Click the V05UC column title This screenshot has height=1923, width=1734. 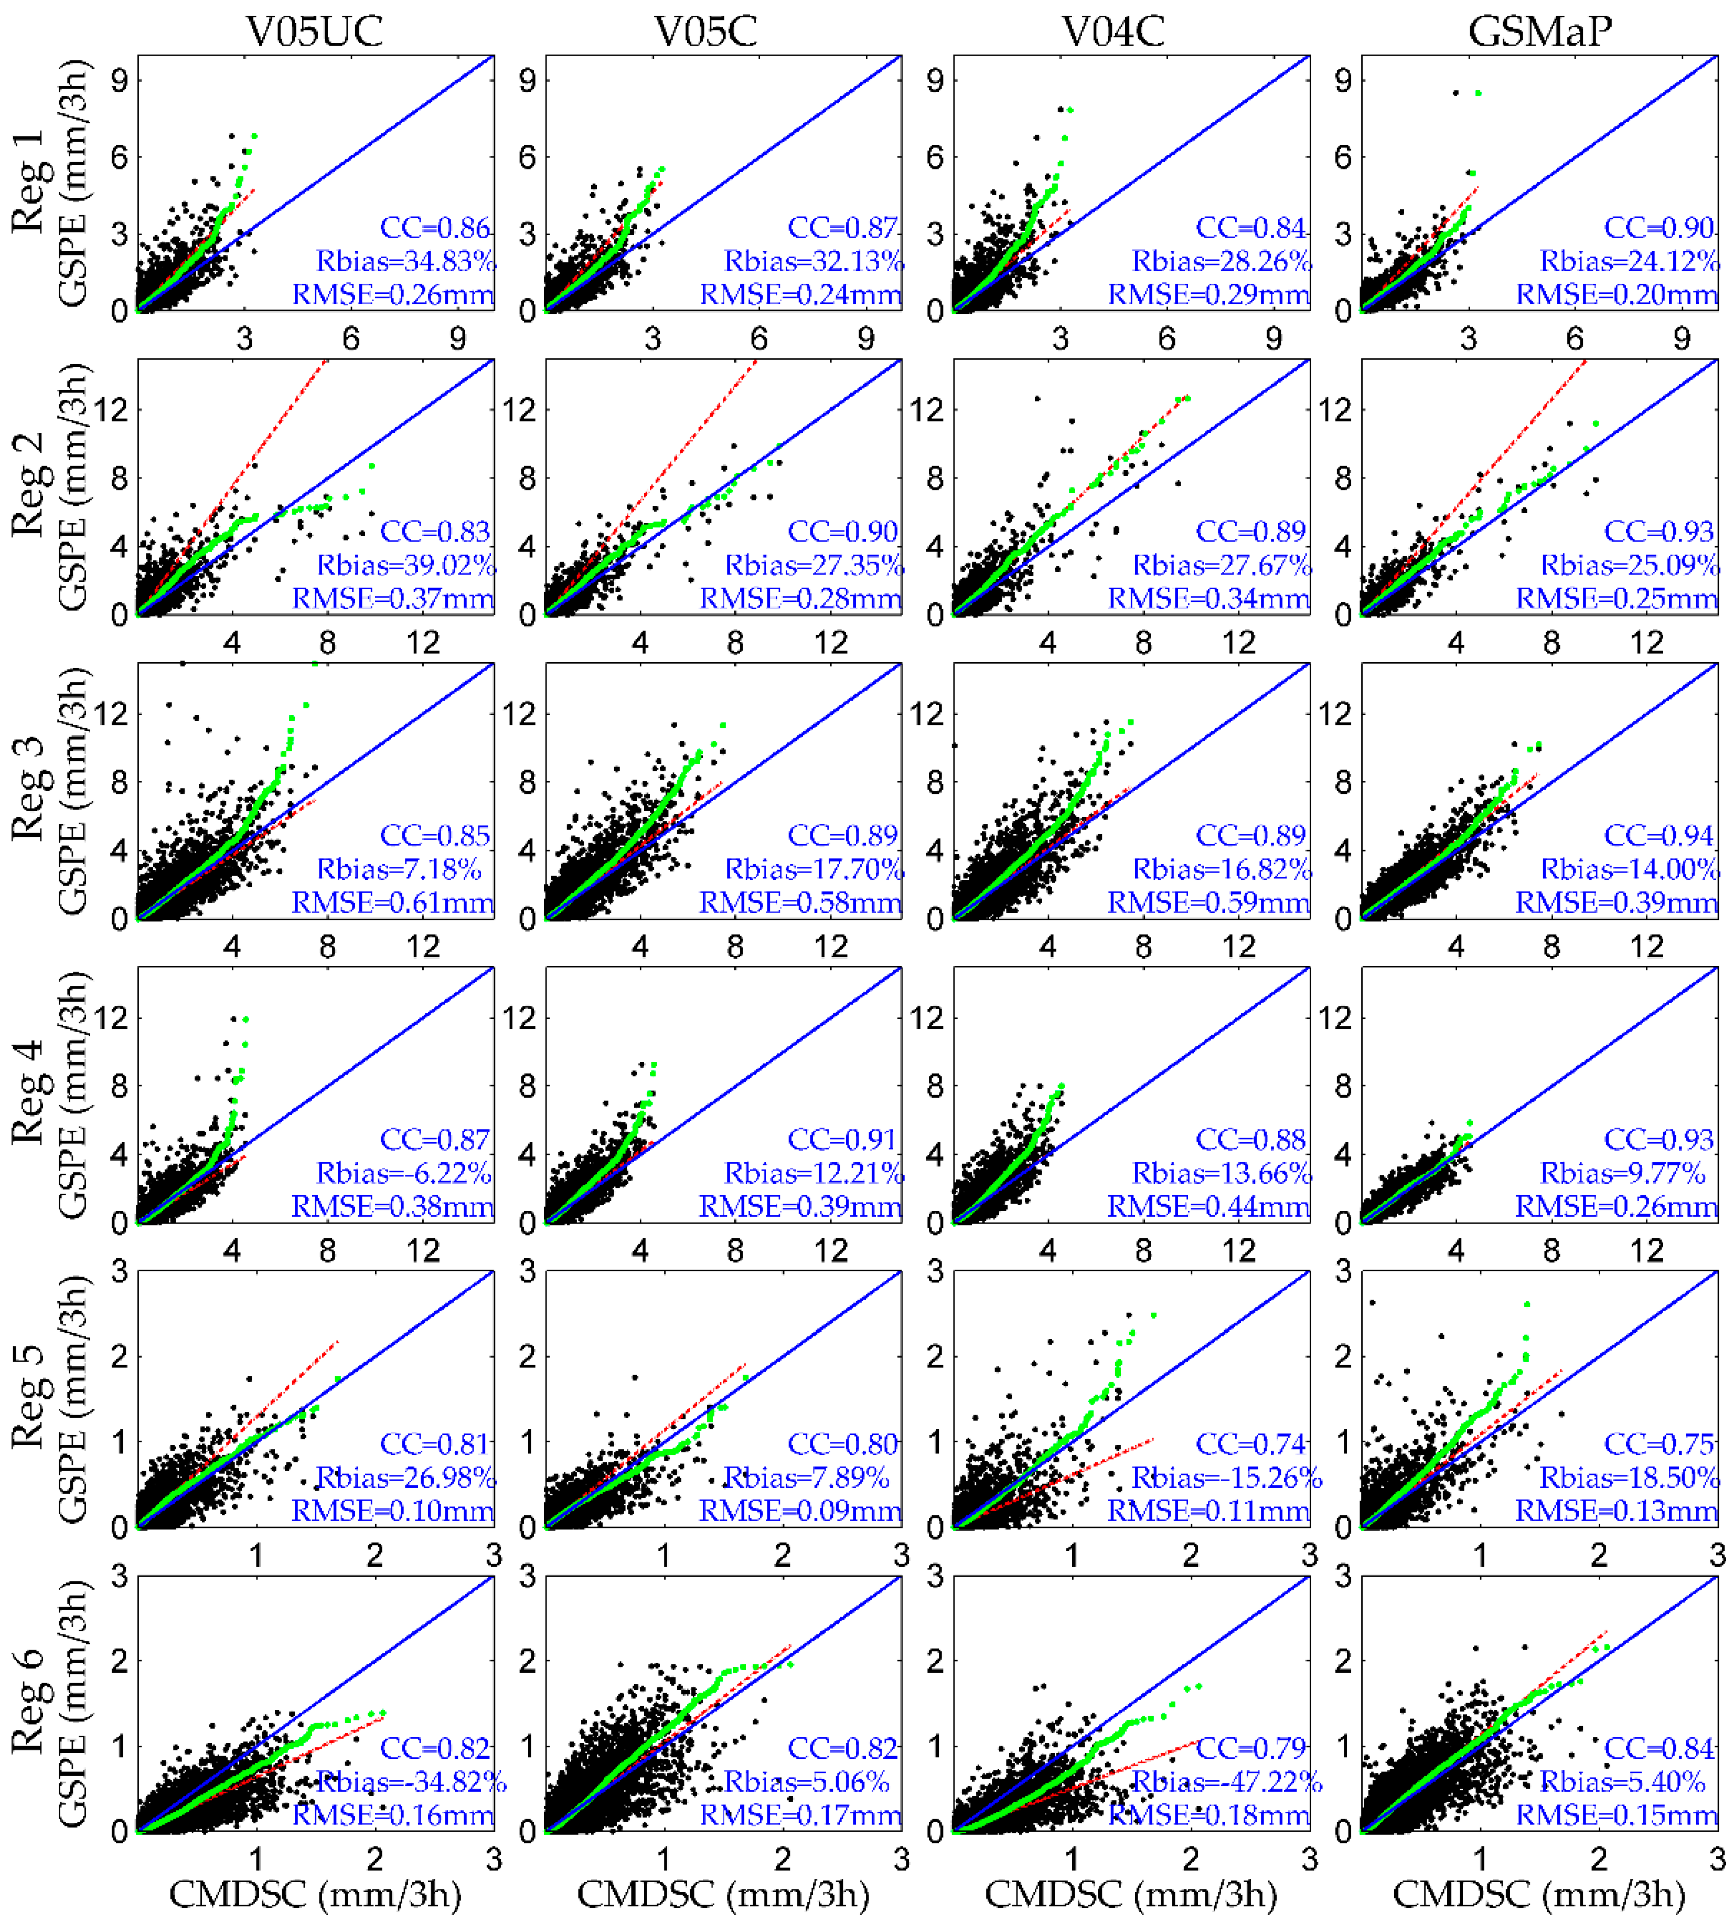coord(314,31)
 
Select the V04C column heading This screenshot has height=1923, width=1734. coord(1113,31)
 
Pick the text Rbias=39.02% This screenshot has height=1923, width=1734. coord(406,565)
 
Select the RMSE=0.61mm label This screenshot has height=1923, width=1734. coord(392,902)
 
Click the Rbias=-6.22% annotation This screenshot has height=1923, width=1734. coord(404,1173)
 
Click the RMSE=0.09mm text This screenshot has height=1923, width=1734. coord(800,1511)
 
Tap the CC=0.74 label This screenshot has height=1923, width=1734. coord(1251,1443)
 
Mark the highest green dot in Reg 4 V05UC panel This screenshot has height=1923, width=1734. coord(246,1019)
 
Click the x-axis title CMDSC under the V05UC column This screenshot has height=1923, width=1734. coord(314,1895)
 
